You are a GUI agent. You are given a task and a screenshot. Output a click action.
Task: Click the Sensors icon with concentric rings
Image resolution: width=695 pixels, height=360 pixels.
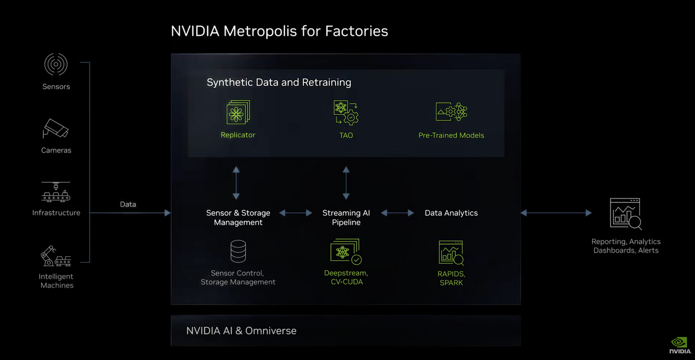coord(56,64)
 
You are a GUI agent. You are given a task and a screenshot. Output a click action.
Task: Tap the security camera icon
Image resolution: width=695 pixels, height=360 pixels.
coord(56,129)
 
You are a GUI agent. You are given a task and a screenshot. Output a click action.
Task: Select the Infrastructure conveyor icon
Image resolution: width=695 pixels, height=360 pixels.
coord(56,192)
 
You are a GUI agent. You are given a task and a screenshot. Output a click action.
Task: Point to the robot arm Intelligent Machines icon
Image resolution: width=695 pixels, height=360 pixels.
coord(56,256)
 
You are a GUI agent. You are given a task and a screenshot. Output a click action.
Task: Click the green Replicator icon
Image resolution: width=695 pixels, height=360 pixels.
coord(238,112)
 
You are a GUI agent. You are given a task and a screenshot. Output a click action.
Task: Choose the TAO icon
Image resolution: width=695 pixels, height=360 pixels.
coord(346,113)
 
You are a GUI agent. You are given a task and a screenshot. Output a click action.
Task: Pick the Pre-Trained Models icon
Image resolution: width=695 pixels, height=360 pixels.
coord(451,112)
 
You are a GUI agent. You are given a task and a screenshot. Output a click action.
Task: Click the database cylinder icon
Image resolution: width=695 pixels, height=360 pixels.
coord(238,251)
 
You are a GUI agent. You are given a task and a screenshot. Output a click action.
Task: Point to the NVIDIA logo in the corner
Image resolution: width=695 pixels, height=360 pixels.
coord(680,345)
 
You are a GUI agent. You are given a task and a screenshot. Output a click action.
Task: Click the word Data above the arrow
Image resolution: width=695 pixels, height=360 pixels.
coord(128,204)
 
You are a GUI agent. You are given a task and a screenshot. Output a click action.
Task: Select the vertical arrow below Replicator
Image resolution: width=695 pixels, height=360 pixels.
coord(236,183)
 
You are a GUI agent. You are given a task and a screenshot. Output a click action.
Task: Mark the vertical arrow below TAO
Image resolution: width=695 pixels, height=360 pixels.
coord(346,183)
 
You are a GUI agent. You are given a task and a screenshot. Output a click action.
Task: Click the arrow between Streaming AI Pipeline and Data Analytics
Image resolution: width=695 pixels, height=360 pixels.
coord(398,213)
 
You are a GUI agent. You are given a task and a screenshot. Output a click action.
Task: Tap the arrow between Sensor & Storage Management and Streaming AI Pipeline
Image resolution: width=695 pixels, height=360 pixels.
coord(296,213)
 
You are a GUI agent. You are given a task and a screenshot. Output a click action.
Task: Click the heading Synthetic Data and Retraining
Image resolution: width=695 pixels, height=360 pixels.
coord(279,82)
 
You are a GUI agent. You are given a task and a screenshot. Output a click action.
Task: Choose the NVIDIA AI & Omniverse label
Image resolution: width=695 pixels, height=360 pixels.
coord(241,331)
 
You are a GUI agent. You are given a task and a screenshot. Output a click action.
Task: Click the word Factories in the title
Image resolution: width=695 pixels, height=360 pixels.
coord(356,31)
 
